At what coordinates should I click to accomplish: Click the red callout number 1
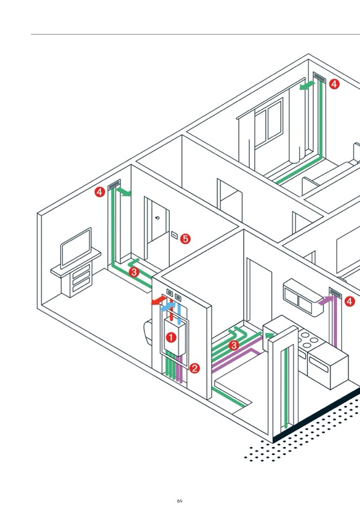171,337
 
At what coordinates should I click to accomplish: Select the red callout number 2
195,368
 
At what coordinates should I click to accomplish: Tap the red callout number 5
185,239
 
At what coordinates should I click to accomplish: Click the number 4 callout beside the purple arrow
349,301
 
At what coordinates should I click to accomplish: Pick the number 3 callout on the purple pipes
233,346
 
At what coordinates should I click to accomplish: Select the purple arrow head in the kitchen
322,301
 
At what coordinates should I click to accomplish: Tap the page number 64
179,501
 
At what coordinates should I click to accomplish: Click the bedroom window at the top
268,122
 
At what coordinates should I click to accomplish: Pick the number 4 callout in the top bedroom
334,83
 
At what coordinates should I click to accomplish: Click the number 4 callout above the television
100,192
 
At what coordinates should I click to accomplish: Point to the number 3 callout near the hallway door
134,272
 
